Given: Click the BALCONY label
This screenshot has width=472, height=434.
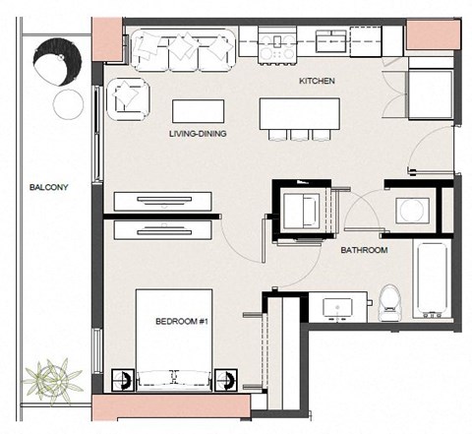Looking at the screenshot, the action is tap(48, 187).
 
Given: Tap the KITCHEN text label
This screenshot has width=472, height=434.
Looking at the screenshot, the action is tap(317, 81).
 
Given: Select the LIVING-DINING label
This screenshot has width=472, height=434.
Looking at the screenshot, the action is tap(198, 134).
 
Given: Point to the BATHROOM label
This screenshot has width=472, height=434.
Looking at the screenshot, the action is tap(364, 250).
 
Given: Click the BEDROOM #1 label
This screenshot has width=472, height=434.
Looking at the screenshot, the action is tap(182, 321).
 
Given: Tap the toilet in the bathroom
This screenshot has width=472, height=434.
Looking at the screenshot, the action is tap(390, 302).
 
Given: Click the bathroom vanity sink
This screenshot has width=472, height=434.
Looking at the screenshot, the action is tap(337, 309).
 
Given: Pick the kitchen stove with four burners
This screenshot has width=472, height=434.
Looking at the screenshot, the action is tap(277, 45).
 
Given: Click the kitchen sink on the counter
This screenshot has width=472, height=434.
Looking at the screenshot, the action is tap(331, 41).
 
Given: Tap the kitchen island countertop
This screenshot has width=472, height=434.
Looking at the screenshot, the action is tap(300, 113).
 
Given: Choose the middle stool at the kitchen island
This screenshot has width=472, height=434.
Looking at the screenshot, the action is tap(300, 135).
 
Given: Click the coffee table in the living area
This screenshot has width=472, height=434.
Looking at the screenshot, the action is tap(199, 111).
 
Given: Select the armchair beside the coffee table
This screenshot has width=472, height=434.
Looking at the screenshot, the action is tap(129, 99).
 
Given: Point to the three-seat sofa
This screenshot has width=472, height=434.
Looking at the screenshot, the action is tap(183, 50).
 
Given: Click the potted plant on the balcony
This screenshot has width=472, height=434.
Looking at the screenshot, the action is tap(52, 380).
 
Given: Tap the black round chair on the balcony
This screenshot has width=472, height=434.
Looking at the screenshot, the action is tap(58, 62).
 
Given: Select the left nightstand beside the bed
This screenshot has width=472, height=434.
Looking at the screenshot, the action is tap(123, 380).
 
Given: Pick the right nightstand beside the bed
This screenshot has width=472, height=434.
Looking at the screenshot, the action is tap(226, 380).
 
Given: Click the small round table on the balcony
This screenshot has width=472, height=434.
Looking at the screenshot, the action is tap(68, 104).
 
